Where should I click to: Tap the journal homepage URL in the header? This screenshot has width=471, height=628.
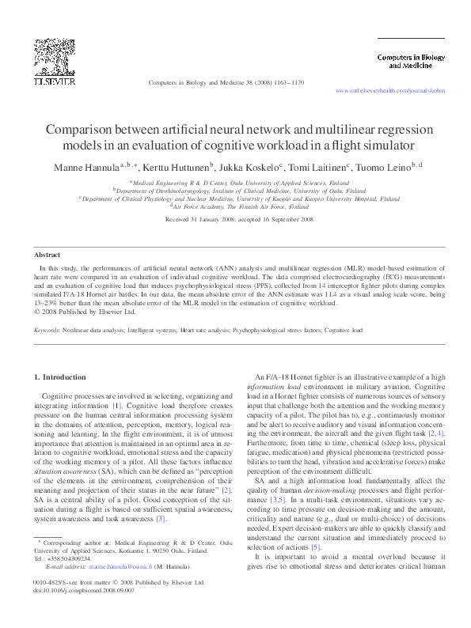point(389,91)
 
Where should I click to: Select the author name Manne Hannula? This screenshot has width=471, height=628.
point(83,167)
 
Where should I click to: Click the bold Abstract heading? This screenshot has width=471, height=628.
point(47,255)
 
